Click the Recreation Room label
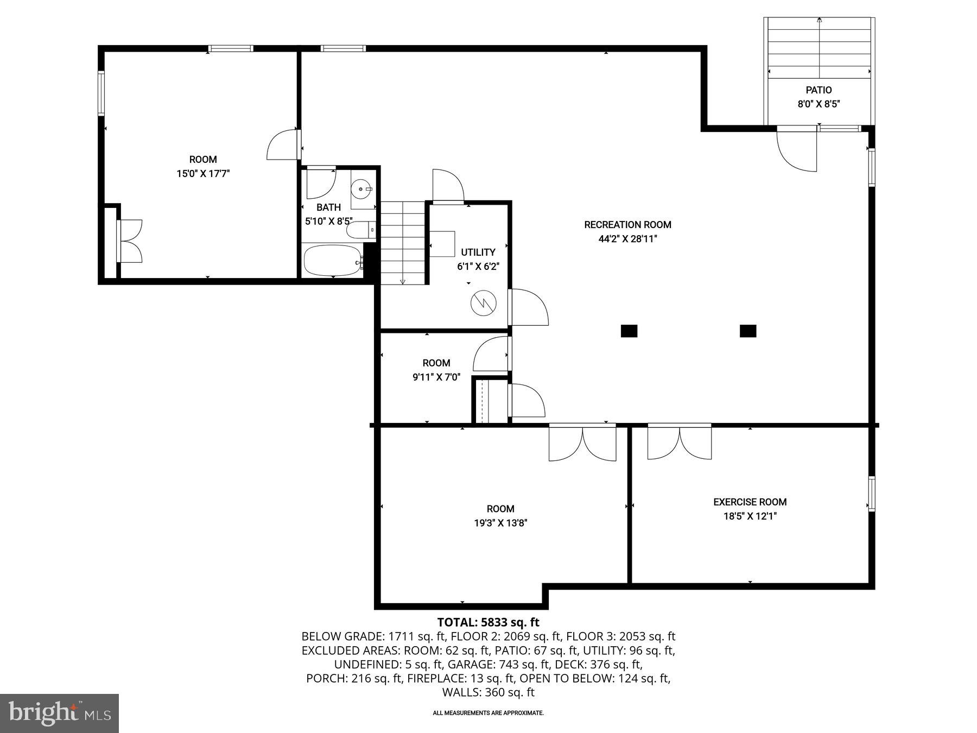click(x=627, y=224)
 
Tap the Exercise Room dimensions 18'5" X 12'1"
click(x=750, y=516)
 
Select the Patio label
click(x=818, y=90)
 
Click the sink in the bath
click(x=362, y=189)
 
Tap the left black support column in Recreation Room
click(x=629, y=331)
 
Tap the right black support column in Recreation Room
click(x=748, y=331)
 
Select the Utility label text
click(x=478, y=252)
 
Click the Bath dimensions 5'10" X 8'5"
click(x=328, y=222)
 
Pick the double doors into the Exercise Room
click(x=680, y=442)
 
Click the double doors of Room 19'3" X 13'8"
click(x=582, y=443)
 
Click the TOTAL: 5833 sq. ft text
click(x=488, y=622)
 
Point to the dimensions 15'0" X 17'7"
click(x=203, y=174)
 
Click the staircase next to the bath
click(x=402, y=242)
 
